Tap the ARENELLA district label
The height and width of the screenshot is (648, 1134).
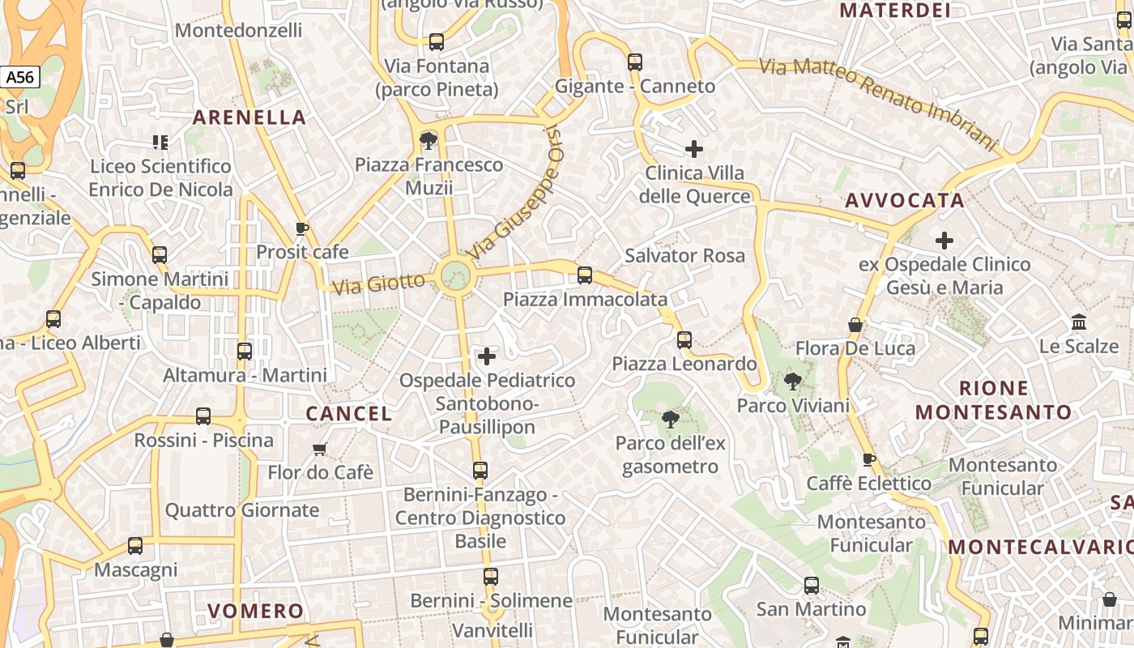[x=249, y=117]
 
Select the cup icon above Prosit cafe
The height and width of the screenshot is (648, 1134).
[x=302, y=228]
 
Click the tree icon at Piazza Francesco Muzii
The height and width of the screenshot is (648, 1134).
[x=428, y=142]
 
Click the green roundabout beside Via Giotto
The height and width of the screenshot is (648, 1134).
[x=454, y=275]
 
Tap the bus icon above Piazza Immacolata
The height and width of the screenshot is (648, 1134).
[x=585, y=275]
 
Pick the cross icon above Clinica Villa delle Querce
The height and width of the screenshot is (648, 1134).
[x=693, y=149]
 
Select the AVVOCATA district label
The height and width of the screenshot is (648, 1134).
[x=905, y=201]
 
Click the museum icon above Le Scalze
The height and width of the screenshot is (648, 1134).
[x=1079, y=322]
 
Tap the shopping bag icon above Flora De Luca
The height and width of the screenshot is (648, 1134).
[x=855, y=325]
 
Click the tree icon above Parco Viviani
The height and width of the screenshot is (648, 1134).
[x=793, y=382]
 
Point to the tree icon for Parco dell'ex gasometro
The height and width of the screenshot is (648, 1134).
[x=670, y=420]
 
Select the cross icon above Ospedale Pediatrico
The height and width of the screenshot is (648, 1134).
[x=487, y=356]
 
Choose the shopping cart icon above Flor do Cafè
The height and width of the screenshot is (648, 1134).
[x=320, y=449]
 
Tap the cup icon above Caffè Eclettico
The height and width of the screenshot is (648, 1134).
[x=869, y=460]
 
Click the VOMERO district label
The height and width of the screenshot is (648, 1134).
[x=256, y=611]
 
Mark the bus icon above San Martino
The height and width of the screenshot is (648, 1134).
[x=811, y=585]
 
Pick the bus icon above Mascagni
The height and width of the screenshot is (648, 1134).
[x=135, y=546]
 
